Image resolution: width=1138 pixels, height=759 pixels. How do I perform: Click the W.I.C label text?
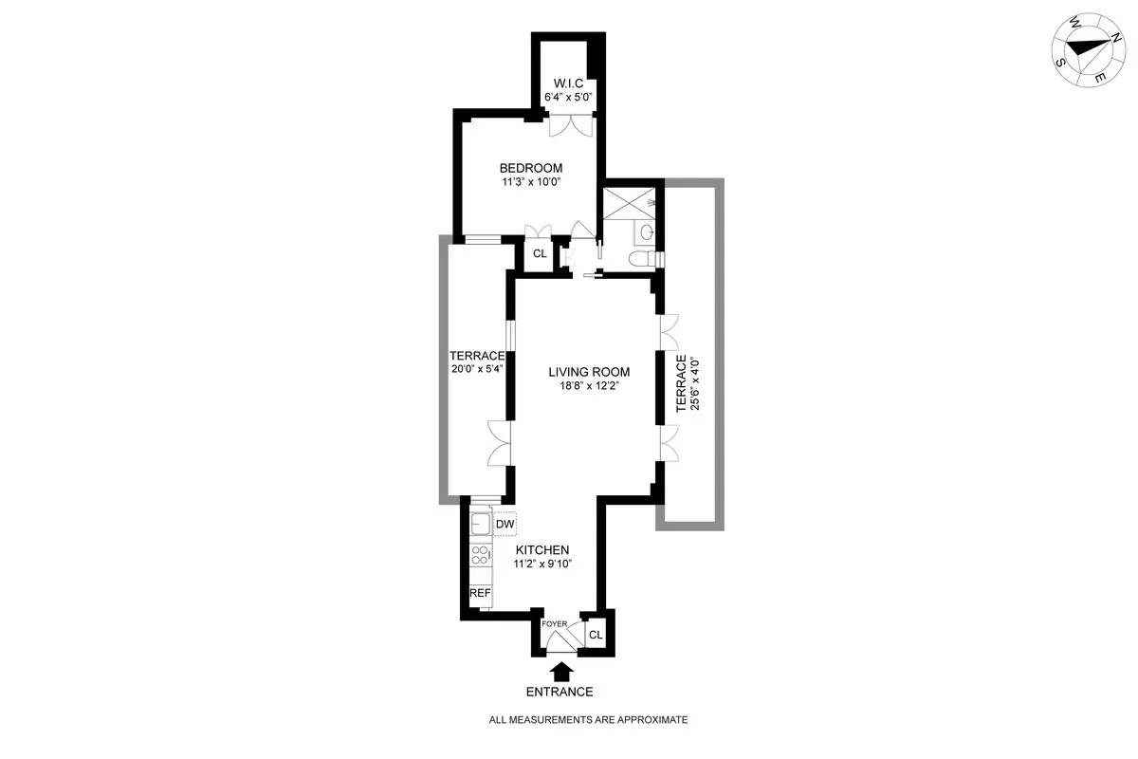(x=562, y=83)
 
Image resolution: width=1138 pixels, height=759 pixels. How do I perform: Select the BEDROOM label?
(x=524, y=168)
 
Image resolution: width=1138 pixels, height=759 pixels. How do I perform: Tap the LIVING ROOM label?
(x=589, y=372)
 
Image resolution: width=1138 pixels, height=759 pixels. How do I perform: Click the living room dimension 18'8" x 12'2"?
(x=589, y=386)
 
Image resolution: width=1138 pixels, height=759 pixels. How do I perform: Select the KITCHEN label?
(x=541, y=550)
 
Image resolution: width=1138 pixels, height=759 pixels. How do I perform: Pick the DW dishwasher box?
(x=505, y=525)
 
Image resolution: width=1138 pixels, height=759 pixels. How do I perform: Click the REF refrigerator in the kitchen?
(x=480, y=594)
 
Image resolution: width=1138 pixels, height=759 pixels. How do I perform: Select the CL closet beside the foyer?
(x=597, y=635)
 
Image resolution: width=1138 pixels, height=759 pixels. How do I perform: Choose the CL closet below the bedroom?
(x=539, y=253)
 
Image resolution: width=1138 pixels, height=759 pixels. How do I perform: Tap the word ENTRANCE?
(x=561, y=692)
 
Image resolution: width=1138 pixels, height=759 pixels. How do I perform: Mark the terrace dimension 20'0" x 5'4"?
(x=478, y=371)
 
